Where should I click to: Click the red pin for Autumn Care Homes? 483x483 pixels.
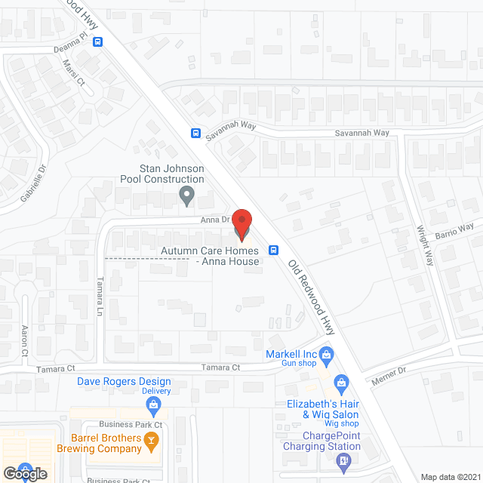click(x=241, y=223)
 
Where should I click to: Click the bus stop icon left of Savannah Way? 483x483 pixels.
click(x=195, y=134)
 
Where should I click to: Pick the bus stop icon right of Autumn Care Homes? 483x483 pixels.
click(x=274, y=251)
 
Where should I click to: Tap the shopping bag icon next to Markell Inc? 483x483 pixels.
click(x=326, y=353)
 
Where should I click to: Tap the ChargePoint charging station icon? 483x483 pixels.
click(x=344, y=459)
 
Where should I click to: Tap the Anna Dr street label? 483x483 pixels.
click(x=214, y=220)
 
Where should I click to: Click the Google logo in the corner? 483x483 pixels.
click(x=24, y=473)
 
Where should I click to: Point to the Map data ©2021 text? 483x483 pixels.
click(x=451, y=477)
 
